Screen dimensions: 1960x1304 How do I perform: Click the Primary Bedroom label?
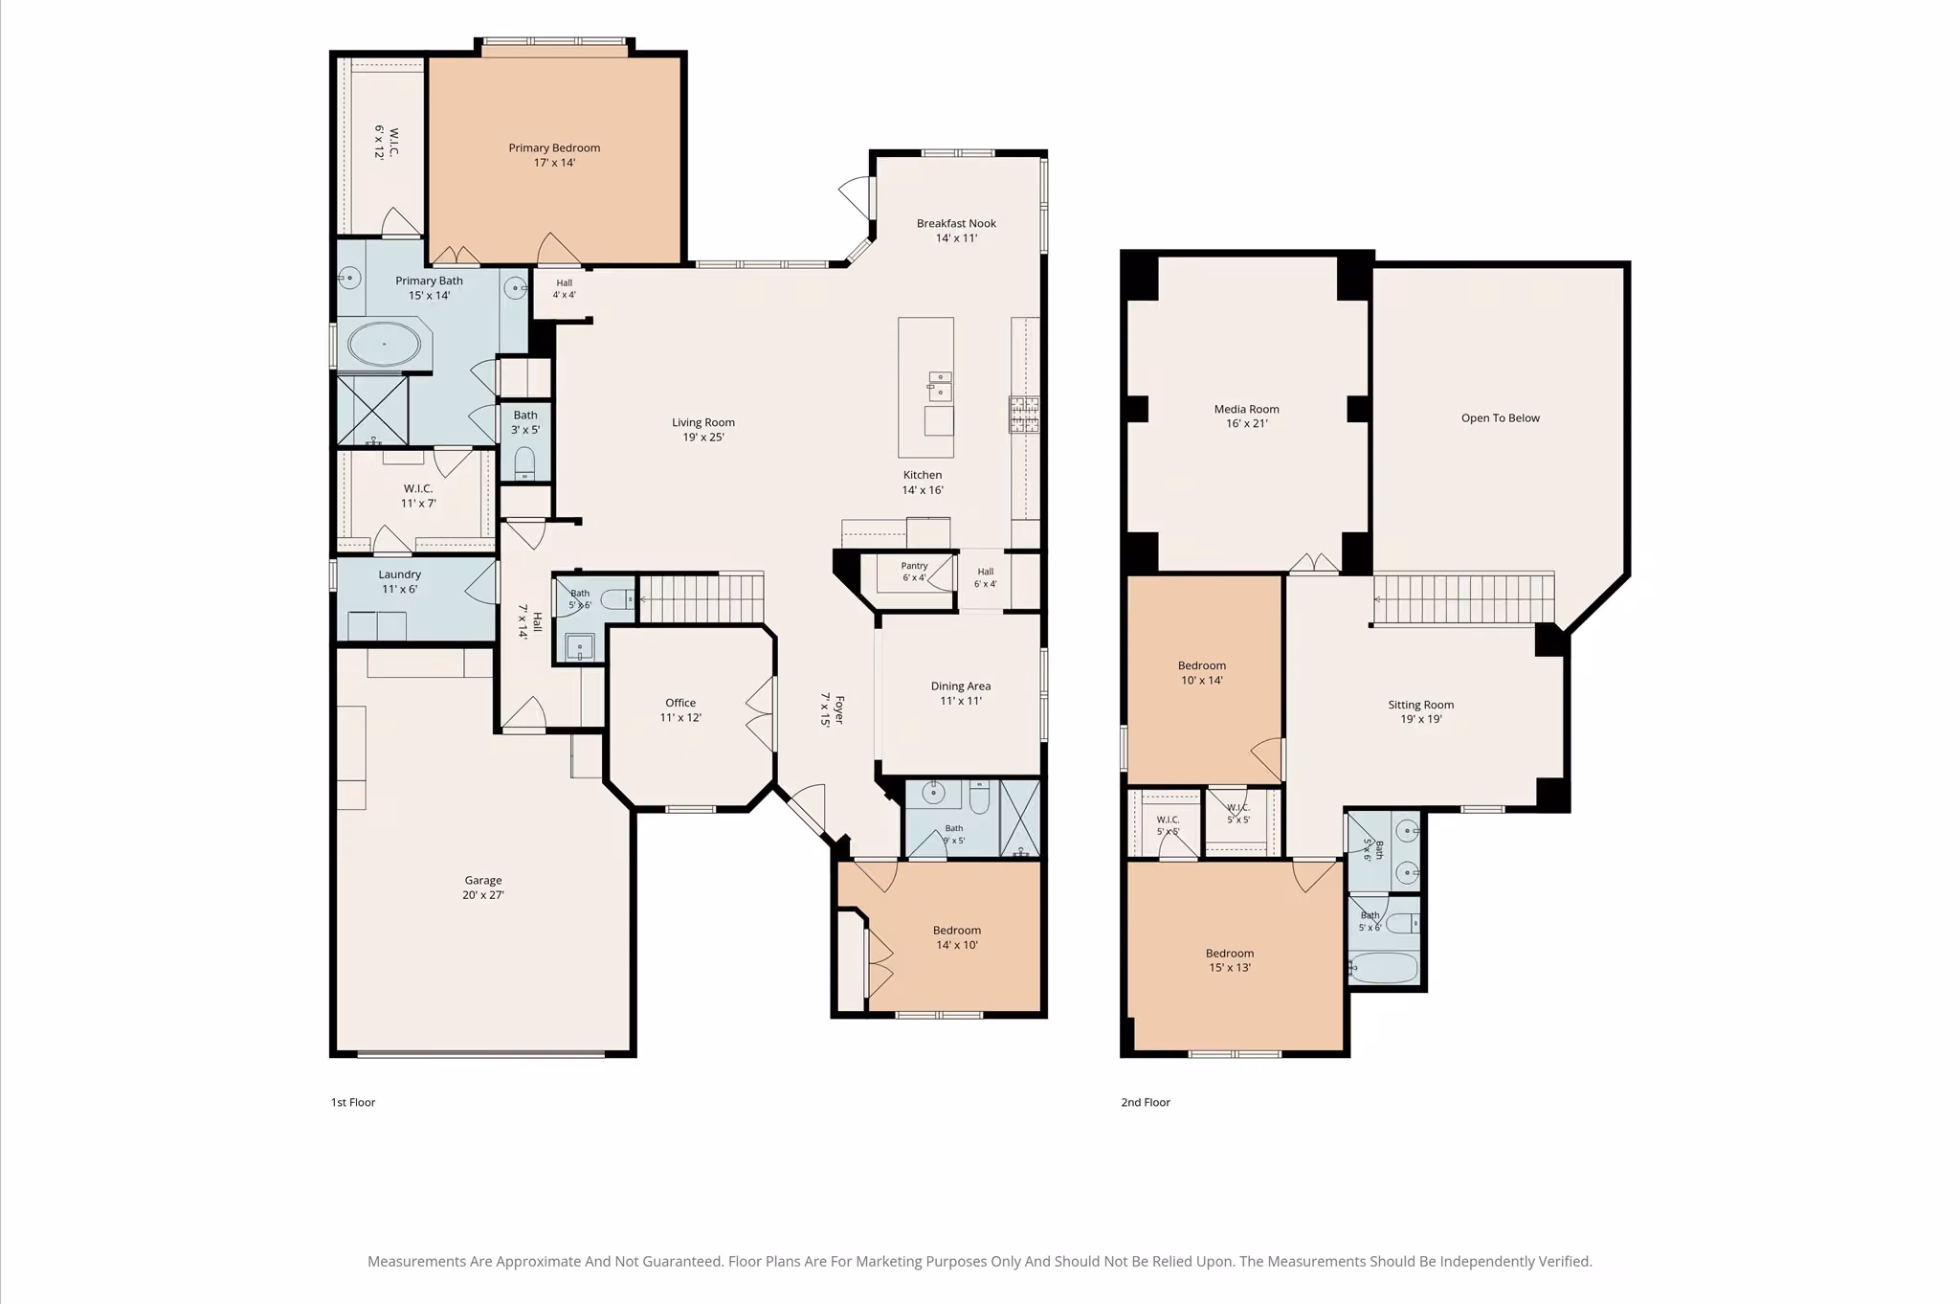[554, 147]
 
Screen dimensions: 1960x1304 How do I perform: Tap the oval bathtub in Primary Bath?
[384, 344]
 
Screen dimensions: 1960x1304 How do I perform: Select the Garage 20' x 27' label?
[483, 888]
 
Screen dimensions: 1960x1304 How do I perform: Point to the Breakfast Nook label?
[956, 223]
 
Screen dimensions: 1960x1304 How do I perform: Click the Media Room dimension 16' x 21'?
[1246, 423]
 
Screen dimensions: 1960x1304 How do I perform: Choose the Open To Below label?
[1501, 417]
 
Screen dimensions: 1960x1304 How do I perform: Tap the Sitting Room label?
[1421, 705]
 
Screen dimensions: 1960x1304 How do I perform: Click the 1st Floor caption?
[353, 1102]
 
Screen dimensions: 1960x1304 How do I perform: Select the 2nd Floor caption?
[1146, 1102]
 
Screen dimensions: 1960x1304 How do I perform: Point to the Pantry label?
[914, 566]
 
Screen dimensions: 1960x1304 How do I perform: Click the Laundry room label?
[399, 574]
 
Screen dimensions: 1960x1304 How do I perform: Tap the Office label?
[680, 703]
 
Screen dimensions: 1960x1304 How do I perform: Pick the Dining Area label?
[961, 686]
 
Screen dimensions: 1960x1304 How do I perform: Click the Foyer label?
[839, 709]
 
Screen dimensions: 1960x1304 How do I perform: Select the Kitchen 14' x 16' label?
[923, 483]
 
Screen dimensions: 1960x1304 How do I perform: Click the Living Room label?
[703, 422]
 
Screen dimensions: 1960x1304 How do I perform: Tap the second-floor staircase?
[1463, 598]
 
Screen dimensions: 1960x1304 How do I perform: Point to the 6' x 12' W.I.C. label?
[386, 142]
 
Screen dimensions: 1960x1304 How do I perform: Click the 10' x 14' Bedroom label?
[1202, 673]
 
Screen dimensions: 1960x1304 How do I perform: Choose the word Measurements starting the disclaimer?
[417, 1261]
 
